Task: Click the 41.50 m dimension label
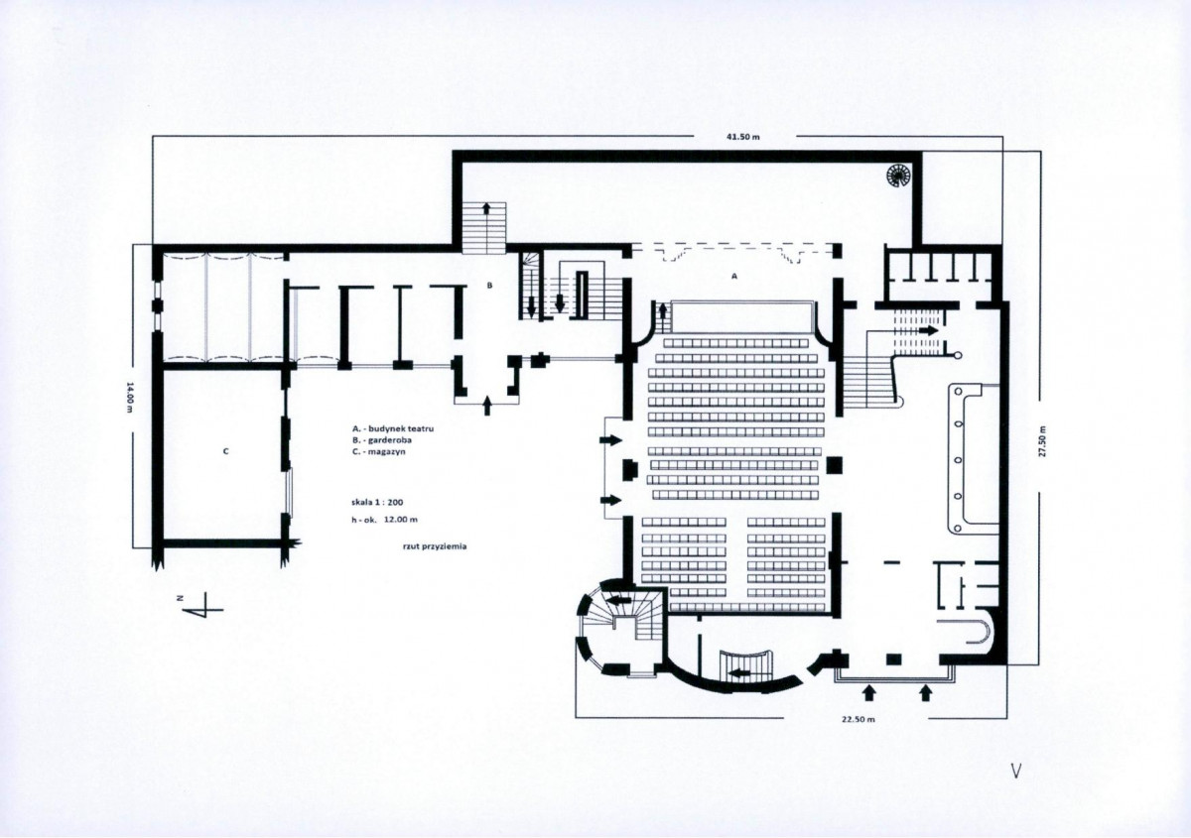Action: pos(743,137)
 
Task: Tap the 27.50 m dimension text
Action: pos(1041,441)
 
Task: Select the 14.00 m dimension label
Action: pos(129,397)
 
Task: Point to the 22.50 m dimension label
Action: pos(859,720)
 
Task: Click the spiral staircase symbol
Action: pos(898,176)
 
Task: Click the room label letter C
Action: pos(226,451)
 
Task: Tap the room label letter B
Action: pos(489,286)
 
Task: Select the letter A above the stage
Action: pos(734,277)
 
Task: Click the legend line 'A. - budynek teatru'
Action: pos(392,428)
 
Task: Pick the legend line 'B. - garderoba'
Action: pos(381,440)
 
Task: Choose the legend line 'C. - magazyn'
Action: pos(378,451)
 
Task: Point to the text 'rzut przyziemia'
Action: pos(435,546)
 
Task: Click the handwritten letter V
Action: pos(1016,771)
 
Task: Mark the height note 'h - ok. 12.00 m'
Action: pos(384,520)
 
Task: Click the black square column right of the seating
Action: pos(835,465)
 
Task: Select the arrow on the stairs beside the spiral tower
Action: pos(619,600)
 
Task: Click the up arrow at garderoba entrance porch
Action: pos(487,407)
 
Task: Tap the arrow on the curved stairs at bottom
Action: pos(739,674)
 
